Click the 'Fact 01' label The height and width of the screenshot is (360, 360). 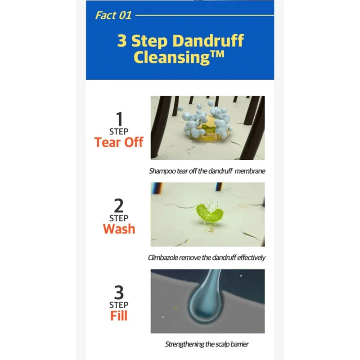(113, 15)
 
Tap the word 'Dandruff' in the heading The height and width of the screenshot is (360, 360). (208, 40)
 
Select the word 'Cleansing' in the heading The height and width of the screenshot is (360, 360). (171, 58)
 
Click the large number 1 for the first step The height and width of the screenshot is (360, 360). (119, 119)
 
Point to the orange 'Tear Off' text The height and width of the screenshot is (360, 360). (119, 142)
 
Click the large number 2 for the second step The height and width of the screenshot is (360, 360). (119, 205)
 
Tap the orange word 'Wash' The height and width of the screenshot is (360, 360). (119, 229)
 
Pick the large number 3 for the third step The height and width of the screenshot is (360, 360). (119, 292)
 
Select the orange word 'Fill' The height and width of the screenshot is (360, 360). (119, 315)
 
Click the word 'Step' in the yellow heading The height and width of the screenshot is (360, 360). (149, 41)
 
